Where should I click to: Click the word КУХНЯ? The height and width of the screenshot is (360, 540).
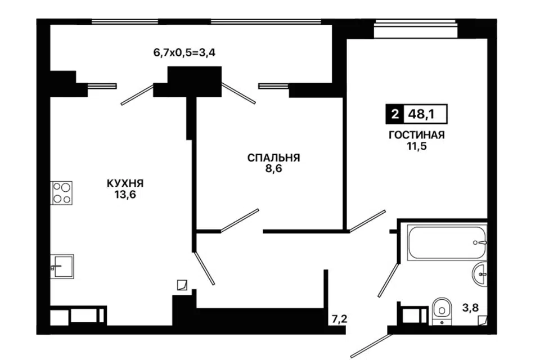point(125,183)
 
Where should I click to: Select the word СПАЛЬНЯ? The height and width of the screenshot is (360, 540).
point(274,158)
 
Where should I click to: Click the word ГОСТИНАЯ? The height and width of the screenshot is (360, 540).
point(417,135)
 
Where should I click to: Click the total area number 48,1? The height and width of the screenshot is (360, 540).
point(425,115)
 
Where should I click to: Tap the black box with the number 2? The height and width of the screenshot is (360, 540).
point(394,115)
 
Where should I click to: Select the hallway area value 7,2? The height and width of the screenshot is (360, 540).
point(339,319)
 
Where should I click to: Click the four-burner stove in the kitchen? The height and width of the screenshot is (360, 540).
point(62,192)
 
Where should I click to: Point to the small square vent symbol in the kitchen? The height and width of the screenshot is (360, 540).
point(181,285)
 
